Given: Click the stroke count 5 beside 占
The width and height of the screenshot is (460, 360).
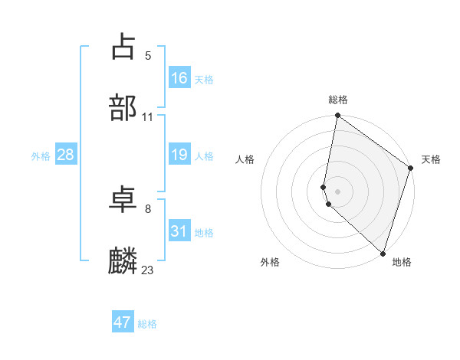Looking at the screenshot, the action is [148, 56].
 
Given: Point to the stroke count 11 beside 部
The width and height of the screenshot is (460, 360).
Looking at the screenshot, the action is [148, 117].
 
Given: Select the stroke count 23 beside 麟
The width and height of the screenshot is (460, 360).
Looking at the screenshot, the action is [148, 270].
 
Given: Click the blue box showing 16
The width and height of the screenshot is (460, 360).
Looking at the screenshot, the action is [179, 78].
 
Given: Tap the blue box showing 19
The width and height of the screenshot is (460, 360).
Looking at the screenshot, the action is [179, 155].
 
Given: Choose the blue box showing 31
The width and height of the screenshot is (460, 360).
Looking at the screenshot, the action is [179, 231].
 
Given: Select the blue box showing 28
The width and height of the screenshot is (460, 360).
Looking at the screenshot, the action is [66, 155].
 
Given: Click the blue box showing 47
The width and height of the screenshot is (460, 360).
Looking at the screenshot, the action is [123, 322].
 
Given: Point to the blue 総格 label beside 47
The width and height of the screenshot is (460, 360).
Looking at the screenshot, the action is [147, 324].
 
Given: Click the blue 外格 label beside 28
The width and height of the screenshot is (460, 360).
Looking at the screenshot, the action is [41, 156].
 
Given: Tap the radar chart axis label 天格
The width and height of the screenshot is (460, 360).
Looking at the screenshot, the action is [431, 159].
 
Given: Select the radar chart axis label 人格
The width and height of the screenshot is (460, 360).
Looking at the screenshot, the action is [245, 159].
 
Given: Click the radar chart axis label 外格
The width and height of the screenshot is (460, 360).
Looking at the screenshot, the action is [270, 262].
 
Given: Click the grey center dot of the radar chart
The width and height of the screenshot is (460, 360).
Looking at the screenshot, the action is [338, 191].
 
